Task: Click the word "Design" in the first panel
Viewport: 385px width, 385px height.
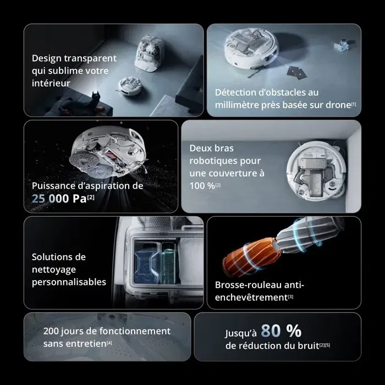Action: coord(47,58)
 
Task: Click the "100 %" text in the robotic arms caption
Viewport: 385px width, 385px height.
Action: coord(201,185)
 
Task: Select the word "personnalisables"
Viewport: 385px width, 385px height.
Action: coord(69,282)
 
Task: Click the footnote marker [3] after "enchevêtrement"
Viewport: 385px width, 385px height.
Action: coord(290,298)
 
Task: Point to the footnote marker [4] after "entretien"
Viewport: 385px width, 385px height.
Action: coord(109,344)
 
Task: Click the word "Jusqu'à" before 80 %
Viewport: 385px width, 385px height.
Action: coord(241,333)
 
